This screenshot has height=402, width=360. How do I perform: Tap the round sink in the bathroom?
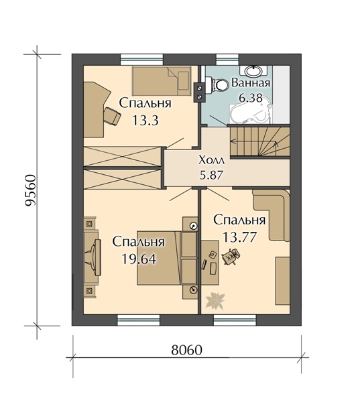[x=253, y=71]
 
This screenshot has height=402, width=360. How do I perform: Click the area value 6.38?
[x=251, y=98]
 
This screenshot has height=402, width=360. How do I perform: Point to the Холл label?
[x=211, y=161]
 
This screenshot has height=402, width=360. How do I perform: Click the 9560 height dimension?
[x=31, y=190]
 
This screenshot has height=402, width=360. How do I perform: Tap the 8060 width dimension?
[x=187, y=350]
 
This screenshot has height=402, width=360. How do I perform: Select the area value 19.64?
[x=139, y=259]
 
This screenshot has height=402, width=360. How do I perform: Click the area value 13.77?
[x=239, y=237]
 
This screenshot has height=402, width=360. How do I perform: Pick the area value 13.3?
[x=145, y=120]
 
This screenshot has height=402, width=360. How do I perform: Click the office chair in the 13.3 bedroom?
[x=113, y=116]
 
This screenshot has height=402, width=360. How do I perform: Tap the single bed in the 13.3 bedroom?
[x=162, y=81]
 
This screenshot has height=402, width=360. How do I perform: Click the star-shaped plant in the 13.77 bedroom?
[x=215, y=299]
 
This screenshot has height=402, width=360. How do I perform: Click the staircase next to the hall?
[x=260, y=142]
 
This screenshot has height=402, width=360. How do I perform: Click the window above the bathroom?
[x=228, y=60]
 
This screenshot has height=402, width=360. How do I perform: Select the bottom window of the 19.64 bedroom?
[x=139, y=320]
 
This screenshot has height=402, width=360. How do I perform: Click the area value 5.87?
[x=211, y=175]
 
